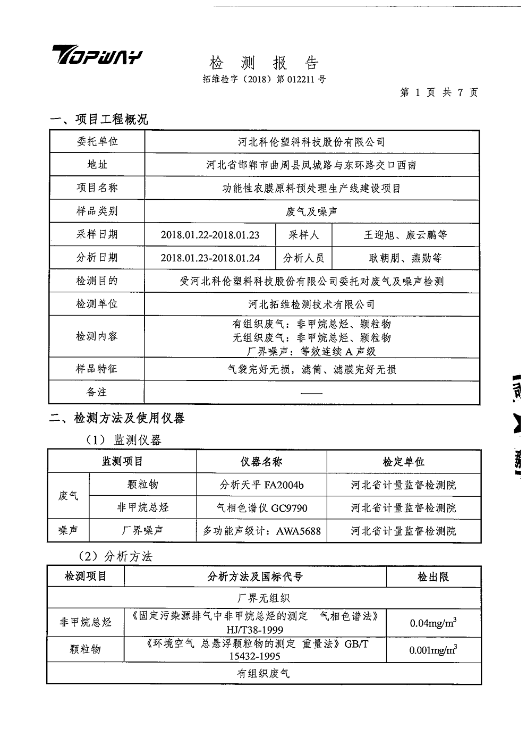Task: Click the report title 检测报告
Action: (x=264, y=63)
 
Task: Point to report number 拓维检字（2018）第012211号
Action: (x=264, y=80)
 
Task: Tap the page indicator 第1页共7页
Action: (x=439, y=92)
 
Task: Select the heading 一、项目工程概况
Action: (x=99, y=120)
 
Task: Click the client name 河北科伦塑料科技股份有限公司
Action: (x=311, y=142)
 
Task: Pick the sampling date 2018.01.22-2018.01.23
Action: (x=210, y=235)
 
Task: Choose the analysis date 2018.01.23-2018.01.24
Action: (x=210, y=258)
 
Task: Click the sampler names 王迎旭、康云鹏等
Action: (x=405, y=235)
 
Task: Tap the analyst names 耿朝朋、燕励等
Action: (x=405, y=258)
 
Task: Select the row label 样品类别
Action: (x=97, y=211)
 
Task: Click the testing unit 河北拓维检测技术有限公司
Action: (x=311, y=304)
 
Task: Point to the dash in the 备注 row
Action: (x=311, y=393)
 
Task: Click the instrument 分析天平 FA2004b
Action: (x=261, y=485)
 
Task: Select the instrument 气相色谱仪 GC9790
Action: (x=261, y=508)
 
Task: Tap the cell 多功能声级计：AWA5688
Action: (x=261, y=531)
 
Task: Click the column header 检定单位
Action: (x=404, y=462)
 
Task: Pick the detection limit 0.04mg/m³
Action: (x=433, y=623)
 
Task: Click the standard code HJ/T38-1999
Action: (x=255, y=630)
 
